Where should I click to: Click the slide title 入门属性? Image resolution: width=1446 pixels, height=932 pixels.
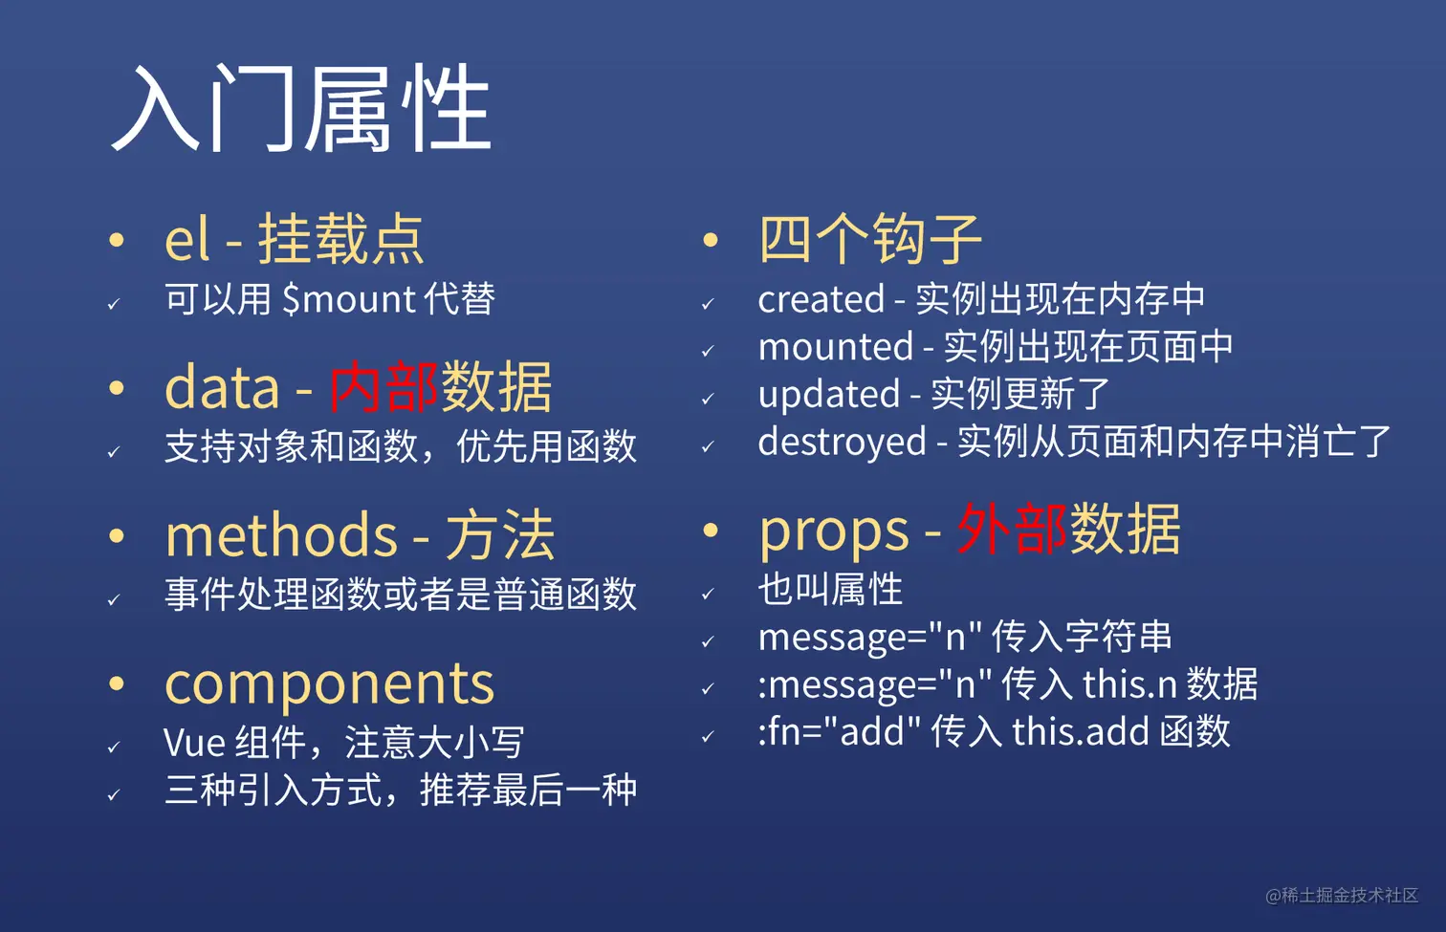click(x=301, y=108)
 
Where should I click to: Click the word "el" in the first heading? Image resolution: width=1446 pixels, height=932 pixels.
click(x=186, y=239)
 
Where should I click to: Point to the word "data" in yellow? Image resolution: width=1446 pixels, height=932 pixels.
click(x=222, y=387)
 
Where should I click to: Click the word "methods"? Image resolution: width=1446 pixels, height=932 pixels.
click(x=281, y=534)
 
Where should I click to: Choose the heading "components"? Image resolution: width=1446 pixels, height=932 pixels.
click(x=329, y=683)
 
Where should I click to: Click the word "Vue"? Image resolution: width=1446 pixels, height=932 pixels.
click(x=194, y=743)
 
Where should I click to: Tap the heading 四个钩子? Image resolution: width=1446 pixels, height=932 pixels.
click(x=869, y=239)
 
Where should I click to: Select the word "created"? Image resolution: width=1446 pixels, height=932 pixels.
click(x=821, y=299)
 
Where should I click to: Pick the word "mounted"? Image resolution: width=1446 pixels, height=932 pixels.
click(x=835, y=347)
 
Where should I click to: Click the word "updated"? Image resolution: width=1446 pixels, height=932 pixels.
click(x=828, y=394)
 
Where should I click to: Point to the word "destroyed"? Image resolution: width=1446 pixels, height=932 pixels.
click(x=842, y=442)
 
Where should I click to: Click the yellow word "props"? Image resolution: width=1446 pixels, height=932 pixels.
click(x=833, y=531)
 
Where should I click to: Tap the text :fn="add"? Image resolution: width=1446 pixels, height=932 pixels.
click(x=839, y=731)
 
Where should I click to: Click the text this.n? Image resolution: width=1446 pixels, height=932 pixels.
click(x=1129, y=684)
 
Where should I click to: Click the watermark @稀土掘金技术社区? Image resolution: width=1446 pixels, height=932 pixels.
click(x=1341, y=895)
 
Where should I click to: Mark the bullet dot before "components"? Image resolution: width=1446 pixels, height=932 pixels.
click(x=117, y=683)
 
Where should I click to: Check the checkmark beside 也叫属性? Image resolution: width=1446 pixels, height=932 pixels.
click(x=708, y=595)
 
